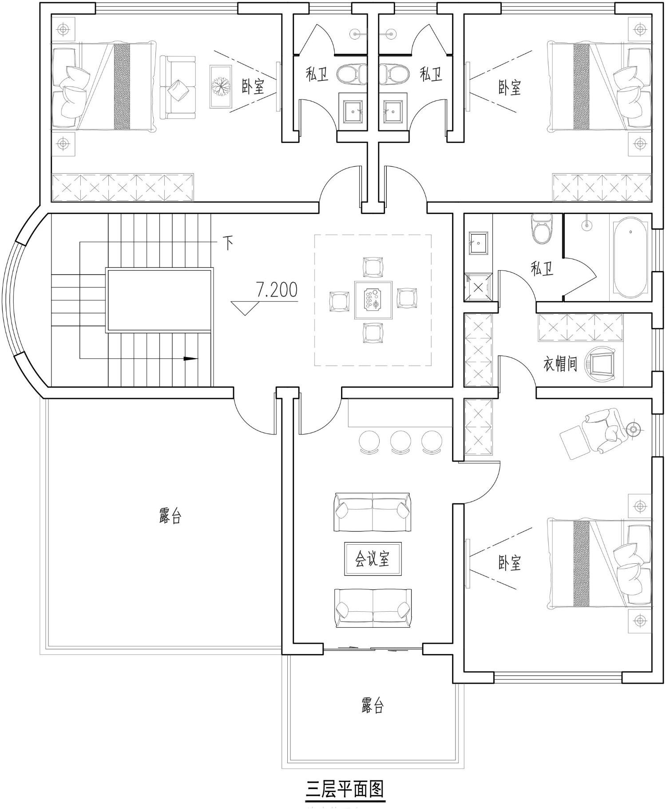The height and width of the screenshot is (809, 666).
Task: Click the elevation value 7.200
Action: pos(276,290)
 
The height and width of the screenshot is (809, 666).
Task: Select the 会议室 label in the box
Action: pos(373,558)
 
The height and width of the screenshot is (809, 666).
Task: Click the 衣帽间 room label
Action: pos(560,364)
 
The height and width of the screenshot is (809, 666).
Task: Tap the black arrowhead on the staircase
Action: pos(190,358)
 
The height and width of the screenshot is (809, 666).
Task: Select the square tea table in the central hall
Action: pos(373,300)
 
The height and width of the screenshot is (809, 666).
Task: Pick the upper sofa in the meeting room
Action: pos(373,511)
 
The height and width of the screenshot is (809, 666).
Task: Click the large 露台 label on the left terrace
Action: pos(170,516)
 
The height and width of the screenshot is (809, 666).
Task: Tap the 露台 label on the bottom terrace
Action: pos(373,705)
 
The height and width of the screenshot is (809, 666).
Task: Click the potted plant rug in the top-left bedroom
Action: pos(221,86)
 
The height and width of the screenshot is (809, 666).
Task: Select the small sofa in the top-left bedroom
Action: pos(178,87)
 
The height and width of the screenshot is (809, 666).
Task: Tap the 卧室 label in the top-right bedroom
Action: pos(509,87)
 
